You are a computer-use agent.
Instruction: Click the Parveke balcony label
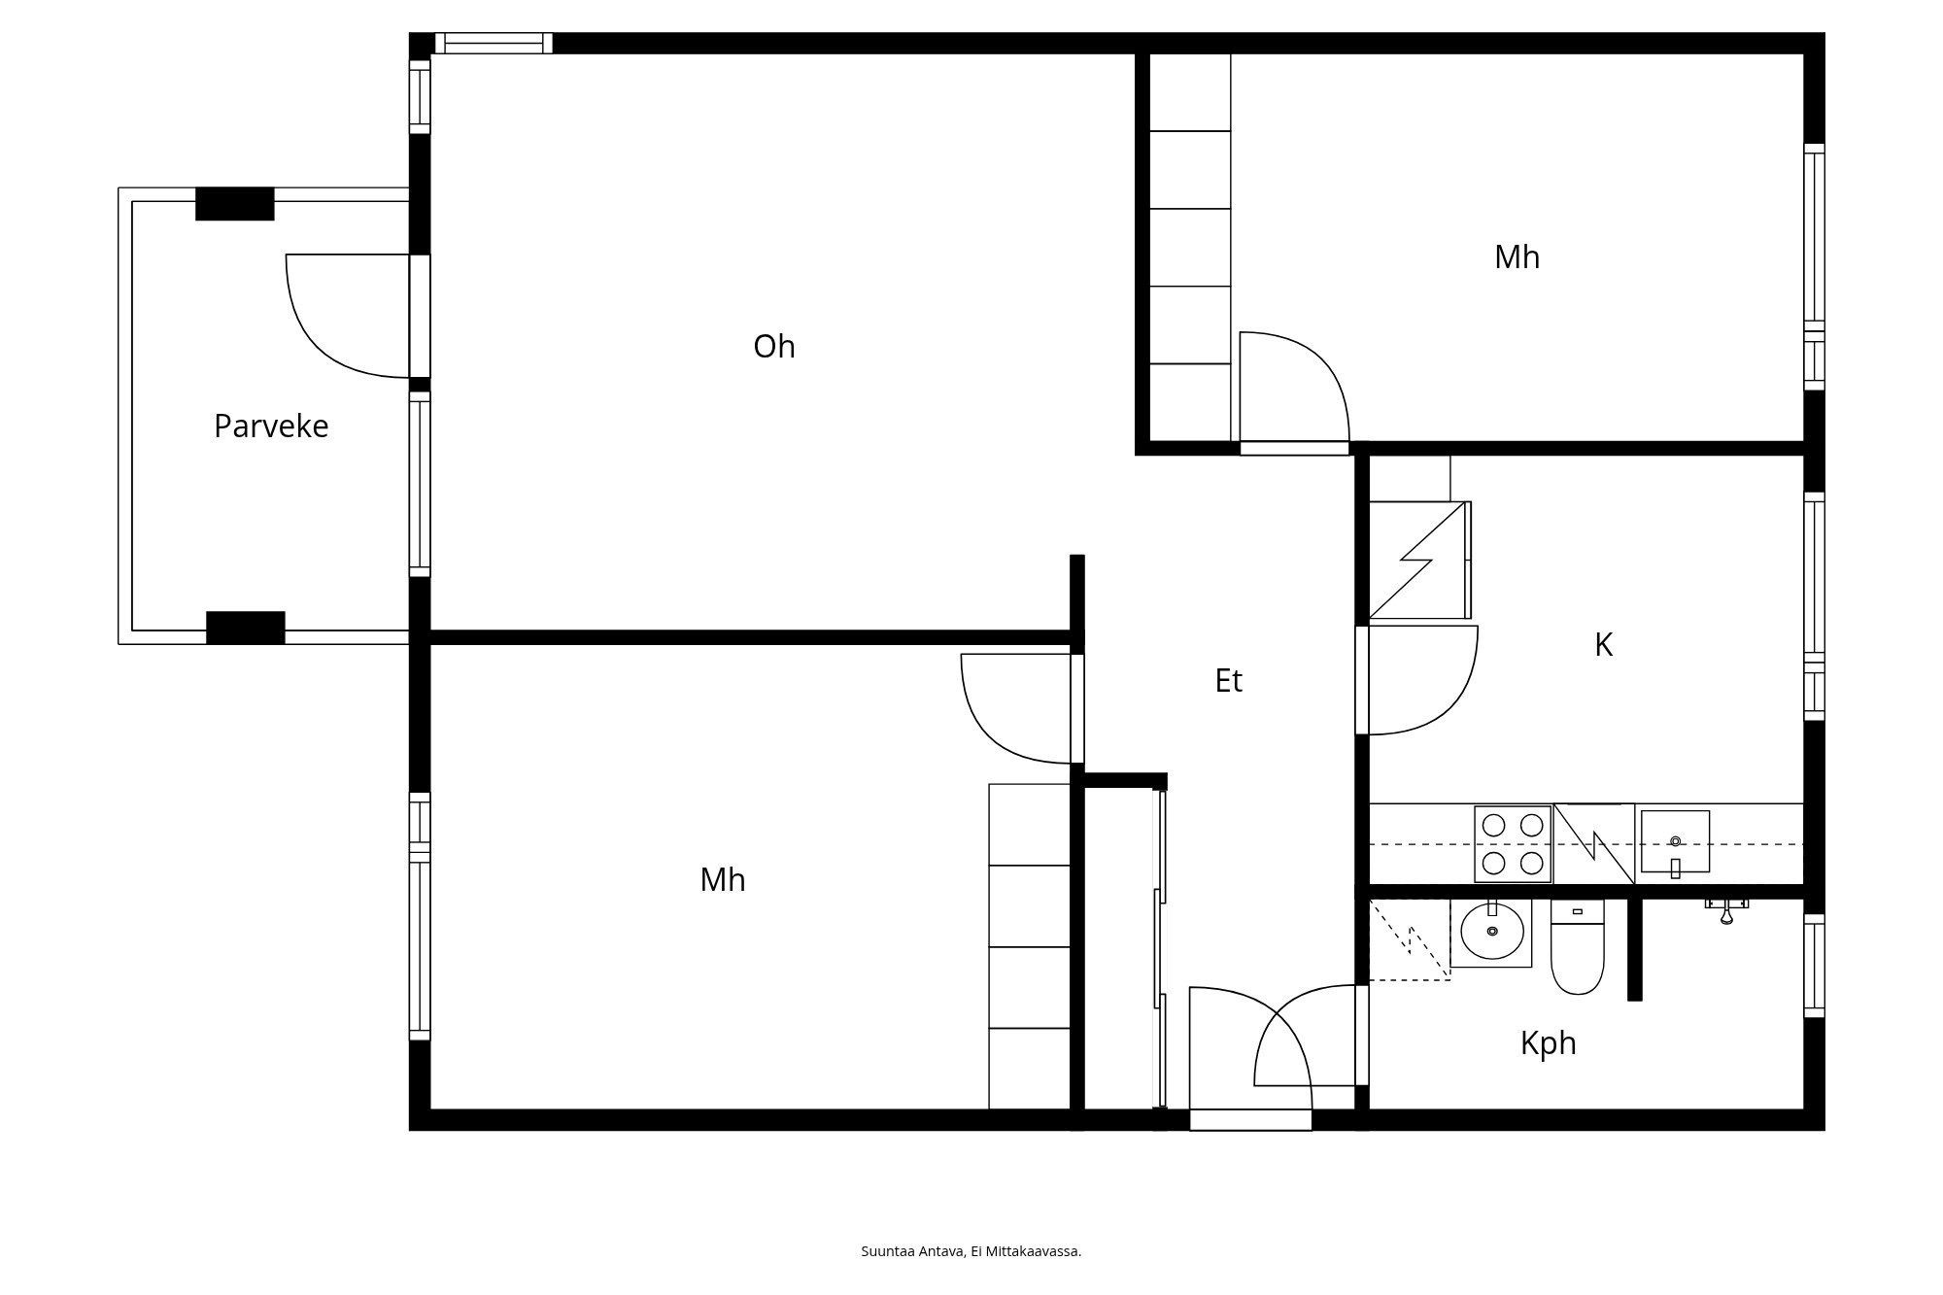[271, 426]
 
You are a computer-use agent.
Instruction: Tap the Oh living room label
[774, 347]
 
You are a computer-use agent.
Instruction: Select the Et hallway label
[1228, 681]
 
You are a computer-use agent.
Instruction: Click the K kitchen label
[1603, 645]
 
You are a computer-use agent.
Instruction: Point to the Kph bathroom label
[1548, 1043]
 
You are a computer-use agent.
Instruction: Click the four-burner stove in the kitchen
[1513, 844]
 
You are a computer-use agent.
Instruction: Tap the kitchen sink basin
[1675, 841]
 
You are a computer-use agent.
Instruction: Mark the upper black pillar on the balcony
[235, 204]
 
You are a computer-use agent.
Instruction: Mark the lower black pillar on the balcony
[246, 628]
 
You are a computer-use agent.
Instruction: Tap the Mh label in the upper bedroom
[1517, 257]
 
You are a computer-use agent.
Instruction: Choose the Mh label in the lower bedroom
[723, 880]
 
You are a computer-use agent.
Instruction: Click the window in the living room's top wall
[494, 43]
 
